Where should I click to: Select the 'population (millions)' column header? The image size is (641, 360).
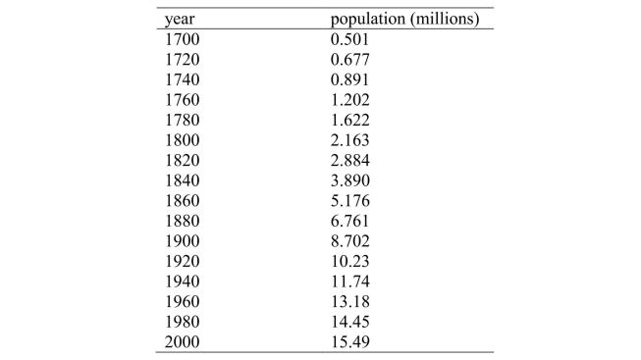click(404, 19)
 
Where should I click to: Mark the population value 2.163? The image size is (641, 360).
click(351, 138)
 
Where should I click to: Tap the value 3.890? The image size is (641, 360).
click(351, 179)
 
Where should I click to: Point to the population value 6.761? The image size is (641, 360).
click(351, 219)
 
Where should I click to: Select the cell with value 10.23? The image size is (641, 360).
click(351, 259)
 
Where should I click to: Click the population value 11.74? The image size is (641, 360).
click(351, 280)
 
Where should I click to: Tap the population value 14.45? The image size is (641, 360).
click(351, 320)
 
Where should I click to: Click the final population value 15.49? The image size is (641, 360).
click(351, 339)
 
